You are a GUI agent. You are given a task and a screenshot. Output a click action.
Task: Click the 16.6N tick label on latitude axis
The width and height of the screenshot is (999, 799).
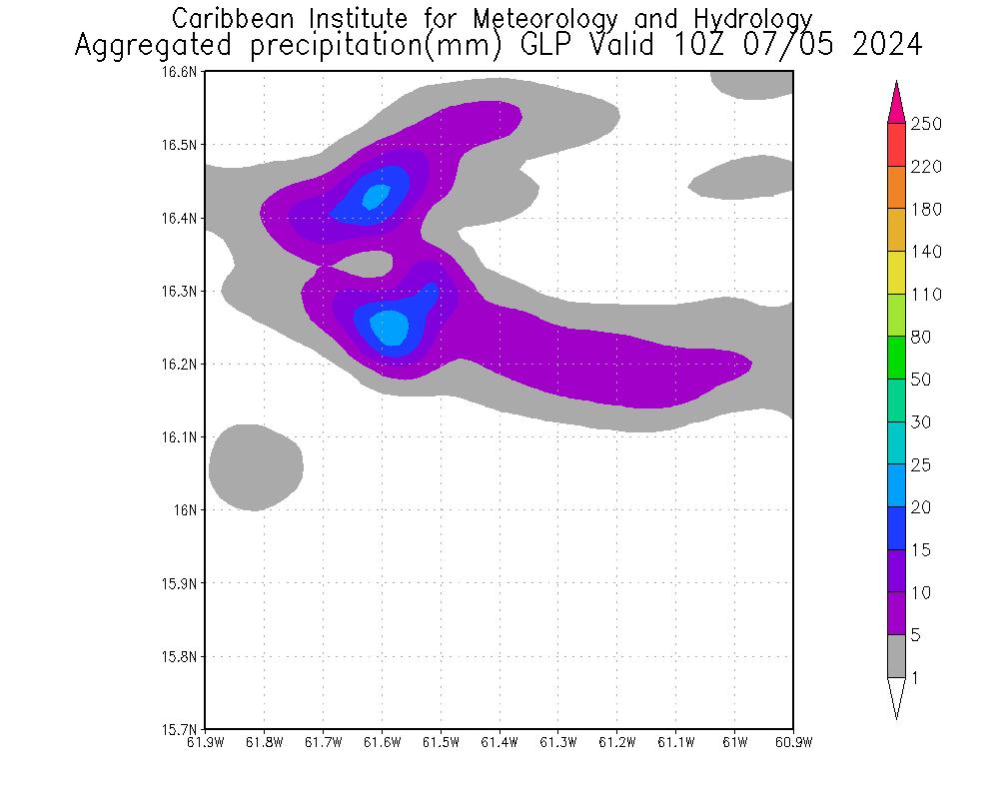(184, 72)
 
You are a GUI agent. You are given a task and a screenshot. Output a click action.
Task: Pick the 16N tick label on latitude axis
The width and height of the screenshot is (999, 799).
(189, 510)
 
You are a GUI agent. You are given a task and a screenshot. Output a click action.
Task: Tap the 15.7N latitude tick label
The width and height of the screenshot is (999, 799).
(184, 729)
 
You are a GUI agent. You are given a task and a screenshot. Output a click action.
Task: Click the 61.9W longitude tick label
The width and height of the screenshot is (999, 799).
(206, 742)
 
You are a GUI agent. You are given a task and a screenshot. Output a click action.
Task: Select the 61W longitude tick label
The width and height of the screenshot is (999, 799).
(735, 742)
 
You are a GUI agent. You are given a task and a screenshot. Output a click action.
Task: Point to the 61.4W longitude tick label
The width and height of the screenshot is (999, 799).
(499, 742)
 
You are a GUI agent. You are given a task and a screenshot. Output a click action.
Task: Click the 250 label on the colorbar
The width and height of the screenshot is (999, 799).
(926, 124)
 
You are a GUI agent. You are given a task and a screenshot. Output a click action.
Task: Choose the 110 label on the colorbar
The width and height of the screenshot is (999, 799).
(926, 295)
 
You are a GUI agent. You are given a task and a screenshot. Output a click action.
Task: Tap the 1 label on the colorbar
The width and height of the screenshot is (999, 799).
(914, 678)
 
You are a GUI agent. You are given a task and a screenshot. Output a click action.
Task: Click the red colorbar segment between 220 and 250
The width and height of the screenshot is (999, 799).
(896, 145)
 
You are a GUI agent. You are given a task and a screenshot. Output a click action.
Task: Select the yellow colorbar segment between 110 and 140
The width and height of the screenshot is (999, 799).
(896, 273)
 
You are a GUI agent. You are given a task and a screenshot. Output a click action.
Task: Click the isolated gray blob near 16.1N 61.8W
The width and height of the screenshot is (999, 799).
(256, 466)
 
